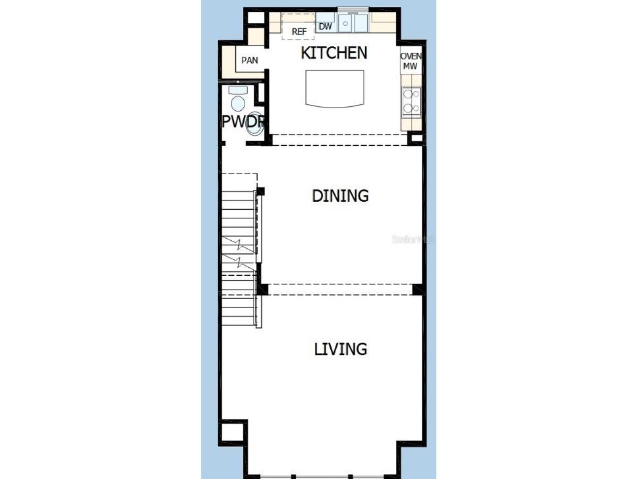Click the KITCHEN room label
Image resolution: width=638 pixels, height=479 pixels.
[334, 53]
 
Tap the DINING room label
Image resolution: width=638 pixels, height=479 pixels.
[340, 196]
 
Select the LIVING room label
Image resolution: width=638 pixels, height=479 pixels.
[341, 349]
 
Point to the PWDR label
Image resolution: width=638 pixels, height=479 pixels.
[244, 121]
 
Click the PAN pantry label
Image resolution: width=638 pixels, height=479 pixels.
[249, 60]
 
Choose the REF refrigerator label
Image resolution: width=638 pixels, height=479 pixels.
[299, 32]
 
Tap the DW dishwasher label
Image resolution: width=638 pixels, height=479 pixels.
[325, 26]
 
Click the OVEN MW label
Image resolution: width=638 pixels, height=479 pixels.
[411, 61]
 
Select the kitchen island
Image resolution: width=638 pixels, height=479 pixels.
[335, 89]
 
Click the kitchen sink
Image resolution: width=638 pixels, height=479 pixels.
[353, 23]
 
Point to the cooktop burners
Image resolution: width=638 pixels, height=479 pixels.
[411, 102]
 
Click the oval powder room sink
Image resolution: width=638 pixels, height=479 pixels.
[255, 123]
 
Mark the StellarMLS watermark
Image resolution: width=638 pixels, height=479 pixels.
[413, 239]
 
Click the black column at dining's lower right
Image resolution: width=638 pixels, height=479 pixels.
[419, 290]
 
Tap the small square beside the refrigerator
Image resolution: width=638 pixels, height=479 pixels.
[256, 18]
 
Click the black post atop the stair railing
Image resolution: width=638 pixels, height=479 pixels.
[260, 191]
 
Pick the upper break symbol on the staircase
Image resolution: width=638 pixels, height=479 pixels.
[239, 244]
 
